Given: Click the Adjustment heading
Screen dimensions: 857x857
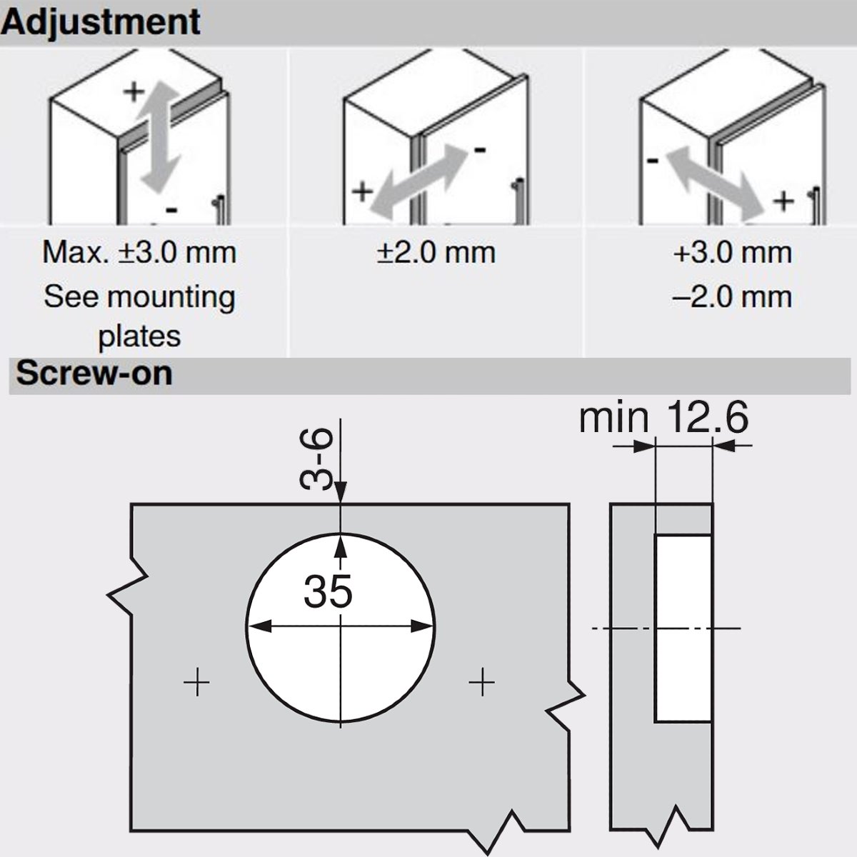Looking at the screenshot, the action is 101,23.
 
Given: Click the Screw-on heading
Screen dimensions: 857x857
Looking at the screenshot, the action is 94,374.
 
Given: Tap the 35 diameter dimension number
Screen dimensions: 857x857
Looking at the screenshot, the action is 328,591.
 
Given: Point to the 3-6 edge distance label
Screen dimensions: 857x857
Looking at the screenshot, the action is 316,458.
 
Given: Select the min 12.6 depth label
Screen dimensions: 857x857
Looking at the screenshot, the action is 663,417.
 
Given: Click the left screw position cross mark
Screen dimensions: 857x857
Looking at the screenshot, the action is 196,682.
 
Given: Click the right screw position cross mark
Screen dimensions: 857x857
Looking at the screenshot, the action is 481,682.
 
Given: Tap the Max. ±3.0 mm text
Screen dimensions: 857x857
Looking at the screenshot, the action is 139,253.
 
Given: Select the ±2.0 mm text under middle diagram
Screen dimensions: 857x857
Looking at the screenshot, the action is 436,253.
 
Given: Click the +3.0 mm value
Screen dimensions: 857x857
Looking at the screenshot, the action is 733,253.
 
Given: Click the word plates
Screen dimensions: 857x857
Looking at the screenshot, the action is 139,336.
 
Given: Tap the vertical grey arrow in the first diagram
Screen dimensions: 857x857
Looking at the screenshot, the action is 159,138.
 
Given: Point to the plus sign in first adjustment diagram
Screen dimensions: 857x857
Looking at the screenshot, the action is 134,92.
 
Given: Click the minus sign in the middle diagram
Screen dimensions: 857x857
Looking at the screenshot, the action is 480,150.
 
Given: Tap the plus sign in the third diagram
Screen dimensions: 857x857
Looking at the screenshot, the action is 783,201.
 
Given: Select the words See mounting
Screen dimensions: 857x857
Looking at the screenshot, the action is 139,296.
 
